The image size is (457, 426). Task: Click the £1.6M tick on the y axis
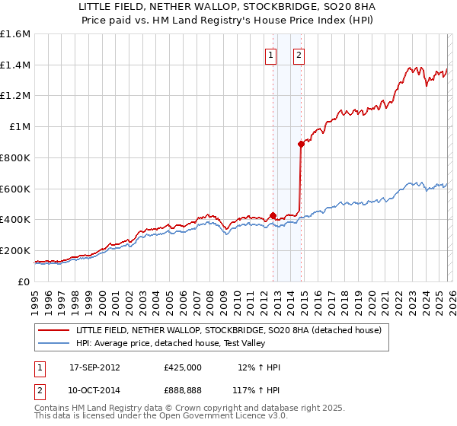pyautogui.click(x=15, y=34)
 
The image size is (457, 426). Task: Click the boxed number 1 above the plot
pyautogui.click(x=271, y=55)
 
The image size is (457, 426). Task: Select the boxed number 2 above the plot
pyautogui.click(x=299, y=55)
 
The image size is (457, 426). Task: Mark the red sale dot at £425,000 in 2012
pyautogui.click(x=273, y=216)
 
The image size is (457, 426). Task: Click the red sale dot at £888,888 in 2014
pyautogui.click(x=302, y=144)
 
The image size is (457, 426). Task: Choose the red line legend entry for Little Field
pyautogui.click(x=233, y=330)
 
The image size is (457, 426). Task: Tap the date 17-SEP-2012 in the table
pyautogui.click(x=94, y=367)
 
